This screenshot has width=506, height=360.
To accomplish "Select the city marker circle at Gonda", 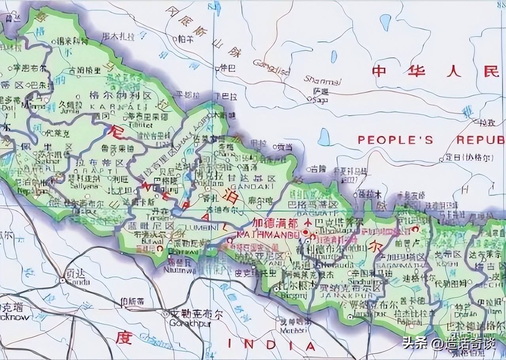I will click(x=62, y=280).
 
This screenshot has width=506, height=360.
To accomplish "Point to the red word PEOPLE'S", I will click(x=395, y=140).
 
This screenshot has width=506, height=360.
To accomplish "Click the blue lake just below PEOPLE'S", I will click(x=324, y=137).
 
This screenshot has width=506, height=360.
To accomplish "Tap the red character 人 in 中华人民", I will click(x=454, y=71).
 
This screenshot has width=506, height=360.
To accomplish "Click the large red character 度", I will click(x=123, y=338).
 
